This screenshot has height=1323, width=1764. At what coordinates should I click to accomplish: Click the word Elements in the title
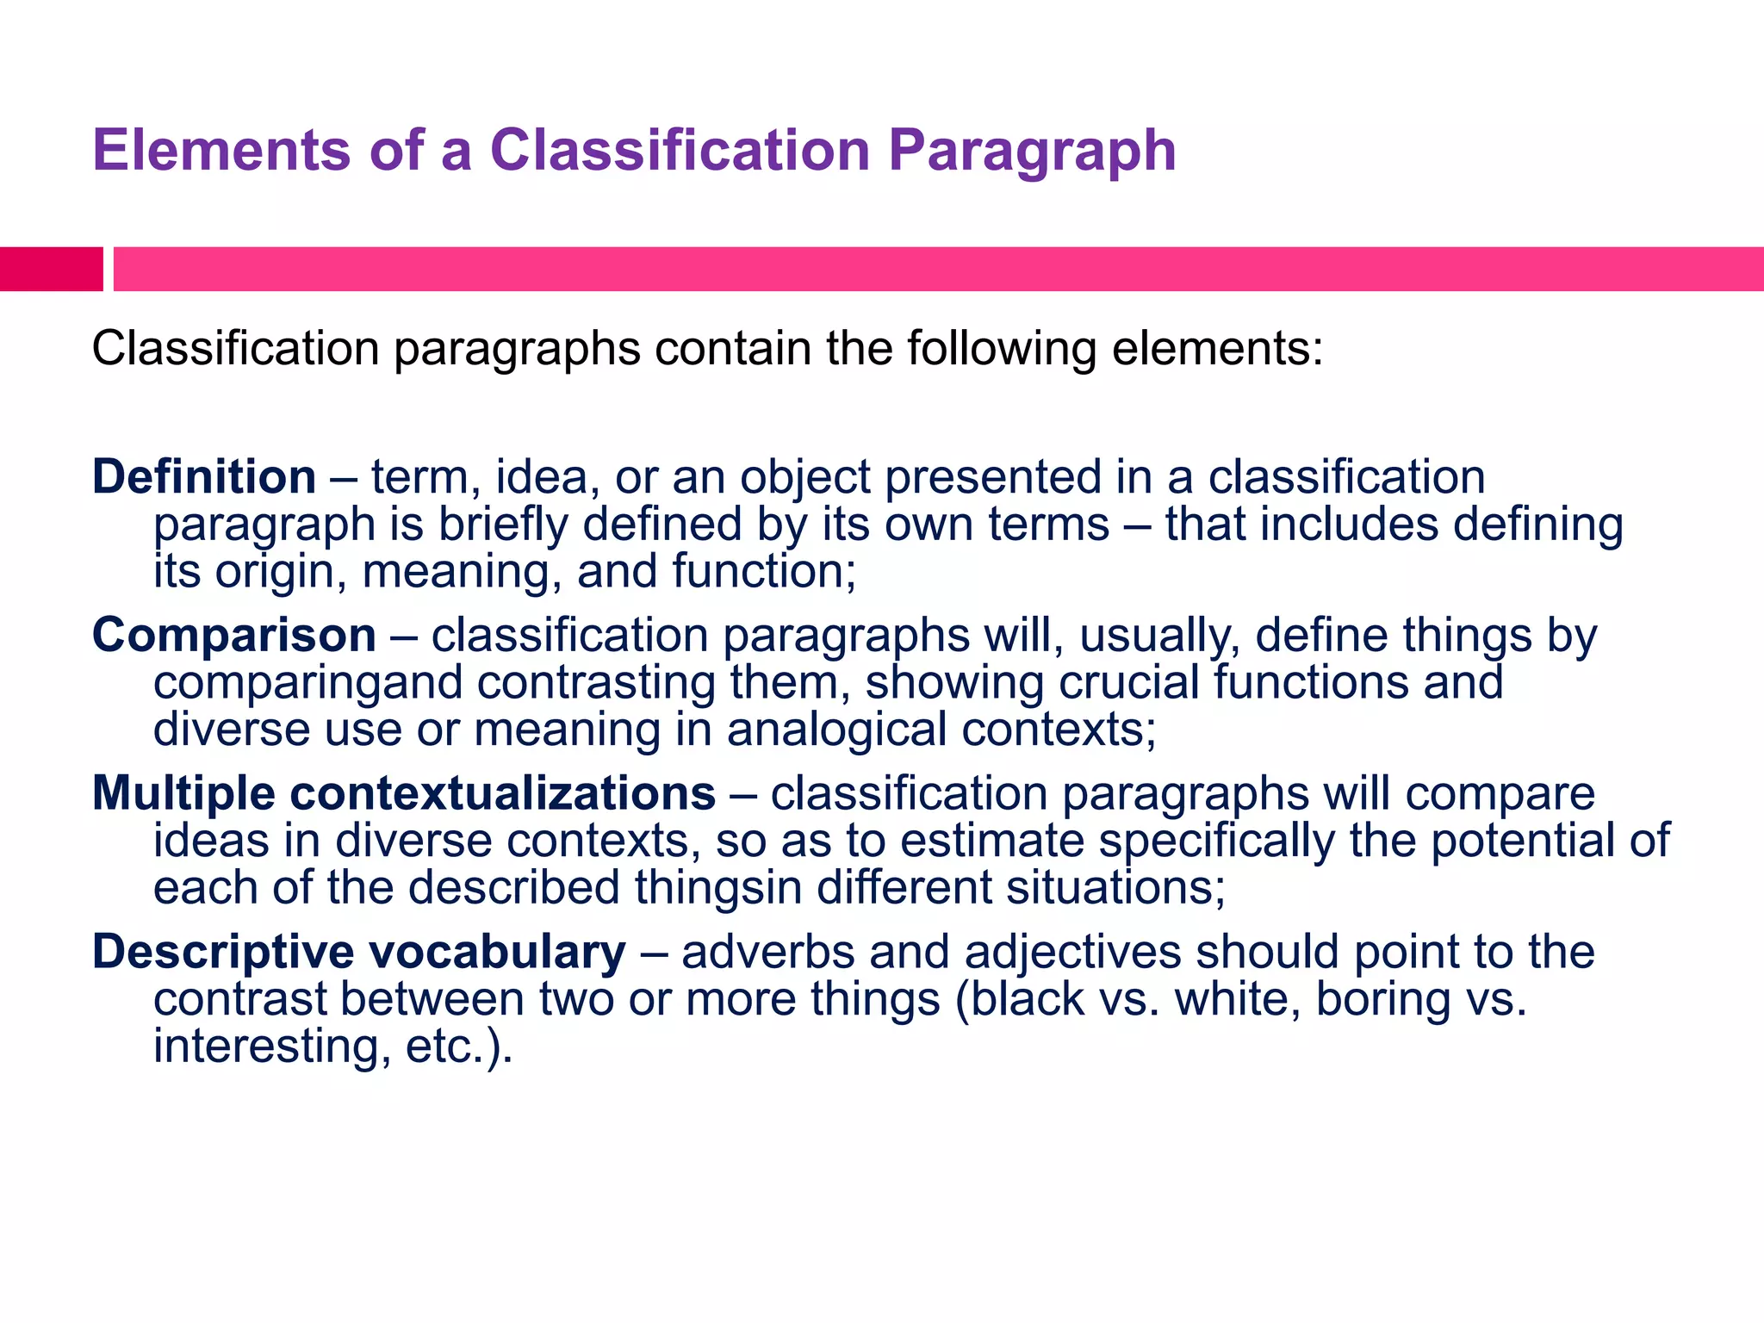pos(221,151)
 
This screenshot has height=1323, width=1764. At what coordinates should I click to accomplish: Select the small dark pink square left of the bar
pos(51,269)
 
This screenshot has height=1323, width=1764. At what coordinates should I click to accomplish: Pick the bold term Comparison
pos(234,636)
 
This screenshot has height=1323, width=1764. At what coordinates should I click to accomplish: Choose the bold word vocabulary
pos(497,953)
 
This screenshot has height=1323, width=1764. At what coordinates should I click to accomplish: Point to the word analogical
pos(836,730)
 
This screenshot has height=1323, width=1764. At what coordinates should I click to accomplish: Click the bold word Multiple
pos(183,793)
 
